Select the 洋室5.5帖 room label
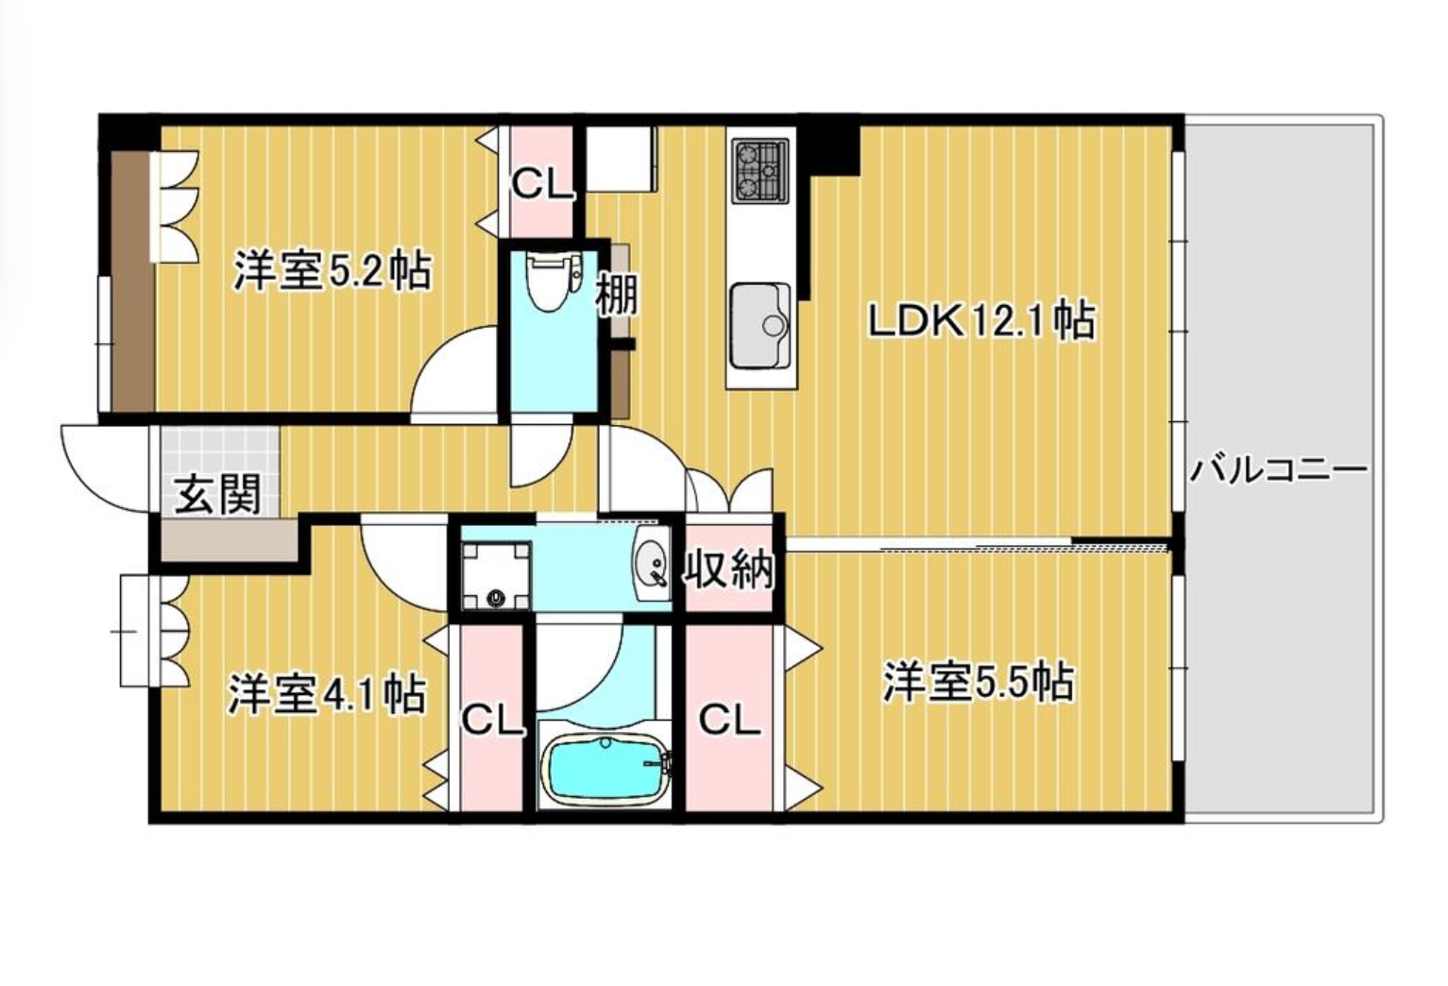pos(979,682)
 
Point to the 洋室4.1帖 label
pos(327,694)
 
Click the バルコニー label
pos(1279,472)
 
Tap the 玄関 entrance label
pos(218,495)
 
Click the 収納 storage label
pos(729,569)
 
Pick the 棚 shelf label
pos(616,295)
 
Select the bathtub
pos(605,772)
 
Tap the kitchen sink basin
pos(760,325)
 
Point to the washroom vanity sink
pos(653,564)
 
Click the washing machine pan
pos(497,575)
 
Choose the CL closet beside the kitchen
pos(542,182)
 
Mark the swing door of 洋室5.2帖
pos(452,375)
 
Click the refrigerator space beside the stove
pos(621,159)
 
